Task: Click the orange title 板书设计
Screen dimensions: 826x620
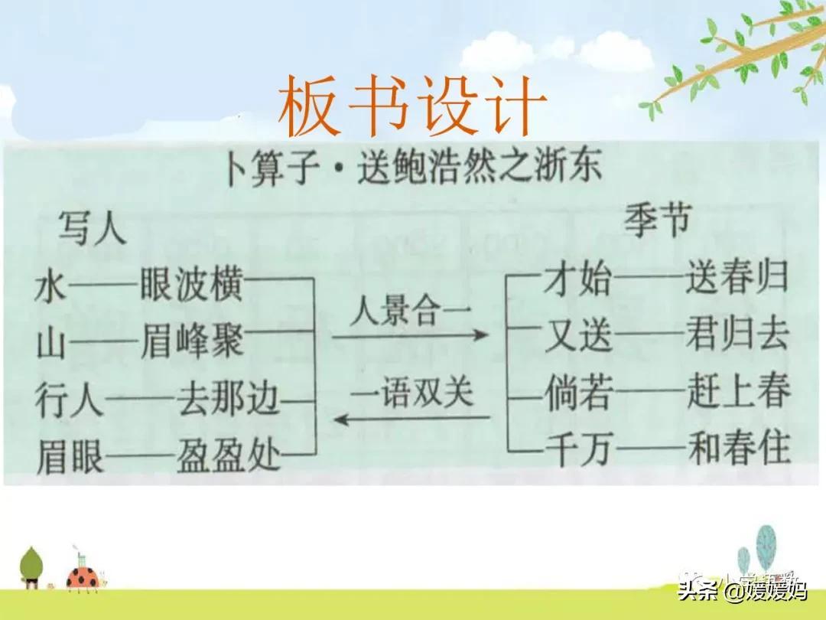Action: point(412,106)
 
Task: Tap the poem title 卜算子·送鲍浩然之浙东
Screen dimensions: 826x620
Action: point(414,168)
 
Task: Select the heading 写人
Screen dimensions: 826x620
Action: point(93,228)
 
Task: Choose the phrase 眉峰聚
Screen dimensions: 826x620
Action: point(192,341)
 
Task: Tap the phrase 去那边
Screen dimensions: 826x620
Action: point(228,399)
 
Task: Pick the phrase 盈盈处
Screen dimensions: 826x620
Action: point(228,455)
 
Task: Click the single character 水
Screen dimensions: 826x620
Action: point(51,289)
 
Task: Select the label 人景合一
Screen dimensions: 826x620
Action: point(410,311)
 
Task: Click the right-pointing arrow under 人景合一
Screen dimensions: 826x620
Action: point(410,334)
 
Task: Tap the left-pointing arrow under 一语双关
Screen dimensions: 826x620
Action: point(412,419)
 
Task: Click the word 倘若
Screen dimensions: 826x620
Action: point(579,393)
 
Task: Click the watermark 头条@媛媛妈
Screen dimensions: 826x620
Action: point(742,590)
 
